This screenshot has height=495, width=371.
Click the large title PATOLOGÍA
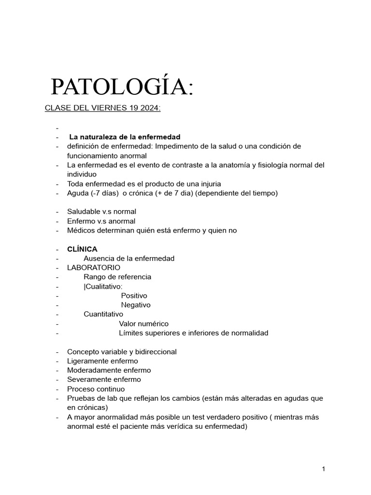click(122, 87)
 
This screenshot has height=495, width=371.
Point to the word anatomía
click(244, 165)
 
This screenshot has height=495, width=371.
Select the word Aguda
click(77, 193)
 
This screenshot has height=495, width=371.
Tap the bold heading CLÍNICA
click(82, 249)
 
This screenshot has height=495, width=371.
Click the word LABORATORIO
click(94, 268)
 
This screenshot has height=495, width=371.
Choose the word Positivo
click(134, 296)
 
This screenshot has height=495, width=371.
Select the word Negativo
click(136, 305)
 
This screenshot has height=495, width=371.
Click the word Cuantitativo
click(103, 314)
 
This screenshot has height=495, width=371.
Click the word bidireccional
click(153, 352)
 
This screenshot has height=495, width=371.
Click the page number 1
click(324, 469)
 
